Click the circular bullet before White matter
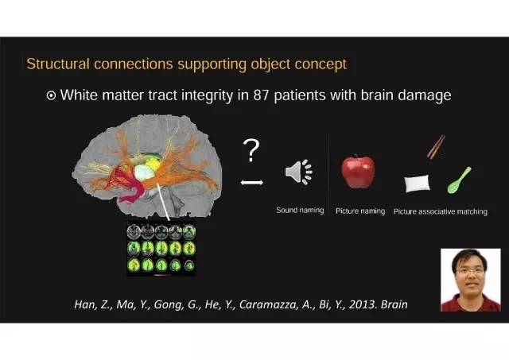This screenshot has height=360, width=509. coord(52,95)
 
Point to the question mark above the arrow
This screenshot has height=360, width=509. coord(252,149)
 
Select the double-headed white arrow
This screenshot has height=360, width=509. coord(252,184)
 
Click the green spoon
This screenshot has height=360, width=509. coord(459,179)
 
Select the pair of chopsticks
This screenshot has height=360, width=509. coord(436,147)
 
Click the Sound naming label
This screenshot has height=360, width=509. coord(299,211)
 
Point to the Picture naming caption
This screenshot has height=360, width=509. coord(360,211)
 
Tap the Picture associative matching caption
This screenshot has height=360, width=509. coord(441,211)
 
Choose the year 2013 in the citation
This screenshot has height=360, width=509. coord(362,304)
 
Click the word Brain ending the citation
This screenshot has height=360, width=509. coord(394,304)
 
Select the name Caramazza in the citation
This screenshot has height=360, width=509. coord(278,304)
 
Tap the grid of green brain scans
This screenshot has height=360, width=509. coord(161,249)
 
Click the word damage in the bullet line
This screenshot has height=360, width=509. coord(426,95)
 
